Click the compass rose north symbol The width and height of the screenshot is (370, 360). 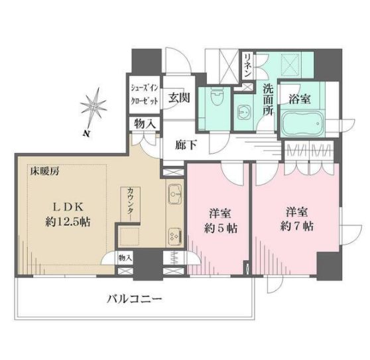point(93,109)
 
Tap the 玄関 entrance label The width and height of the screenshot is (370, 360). point(178,97)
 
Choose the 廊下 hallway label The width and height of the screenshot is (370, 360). point(186,144)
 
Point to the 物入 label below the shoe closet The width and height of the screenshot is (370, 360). point(145,124)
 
